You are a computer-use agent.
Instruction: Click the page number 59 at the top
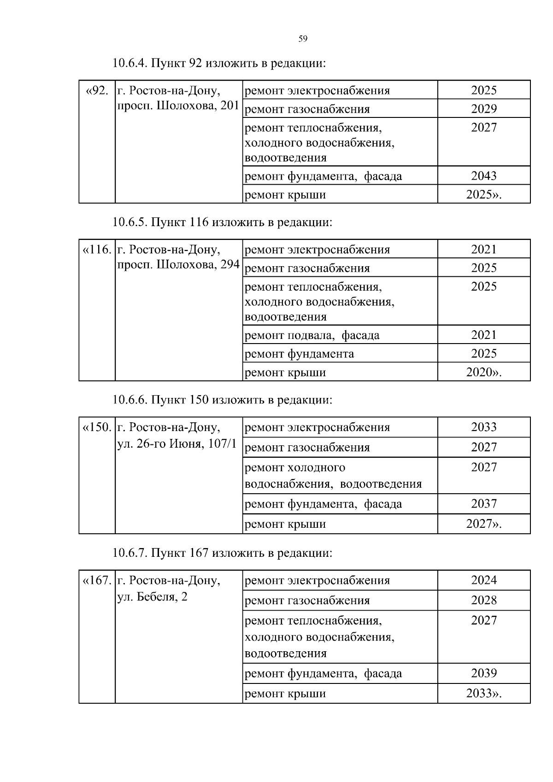(303, 39)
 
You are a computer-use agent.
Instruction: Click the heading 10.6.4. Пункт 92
(219, 63)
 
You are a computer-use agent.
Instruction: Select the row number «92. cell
(97, 91)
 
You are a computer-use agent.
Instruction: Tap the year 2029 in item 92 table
(483, 109)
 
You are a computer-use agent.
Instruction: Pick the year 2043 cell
(483, 176)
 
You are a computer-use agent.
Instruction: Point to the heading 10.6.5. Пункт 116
(222, 222)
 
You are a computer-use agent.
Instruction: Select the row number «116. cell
(97, 250)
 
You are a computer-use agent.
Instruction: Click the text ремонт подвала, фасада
(312, 335)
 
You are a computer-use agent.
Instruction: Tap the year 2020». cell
(483, 372)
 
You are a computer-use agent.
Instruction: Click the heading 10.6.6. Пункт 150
(222, 400)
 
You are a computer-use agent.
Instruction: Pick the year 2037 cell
(483, 504)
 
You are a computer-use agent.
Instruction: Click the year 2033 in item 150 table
(483, 427)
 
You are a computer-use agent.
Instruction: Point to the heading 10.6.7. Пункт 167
(222, 553)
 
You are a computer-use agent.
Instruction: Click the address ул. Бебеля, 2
(152, 597)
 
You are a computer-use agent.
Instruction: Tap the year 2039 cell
(483, 673)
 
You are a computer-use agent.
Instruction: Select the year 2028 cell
(483, 601)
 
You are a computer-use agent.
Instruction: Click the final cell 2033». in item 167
(483, 694)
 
